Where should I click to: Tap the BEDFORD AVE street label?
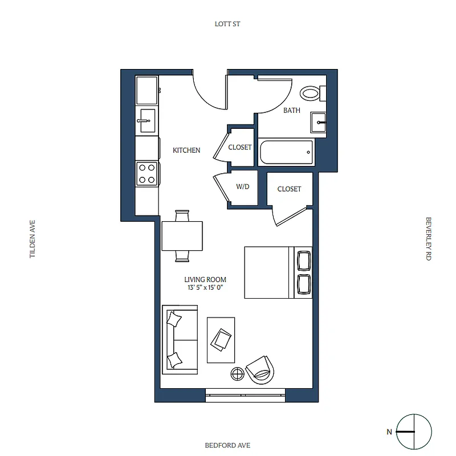[227, 445]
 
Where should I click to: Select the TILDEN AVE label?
[32, 239]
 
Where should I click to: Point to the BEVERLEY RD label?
[427, 239]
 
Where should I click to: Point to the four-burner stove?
[147, 173]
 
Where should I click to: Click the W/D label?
[243, 186]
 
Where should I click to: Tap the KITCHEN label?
[186, 150]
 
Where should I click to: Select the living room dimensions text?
[205, 288]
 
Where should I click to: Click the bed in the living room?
[278, 272]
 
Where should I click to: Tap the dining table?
[182, 236]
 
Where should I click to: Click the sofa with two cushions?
[179, 339]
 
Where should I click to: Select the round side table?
[237, 373]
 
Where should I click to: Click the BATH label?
[292, 111]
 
